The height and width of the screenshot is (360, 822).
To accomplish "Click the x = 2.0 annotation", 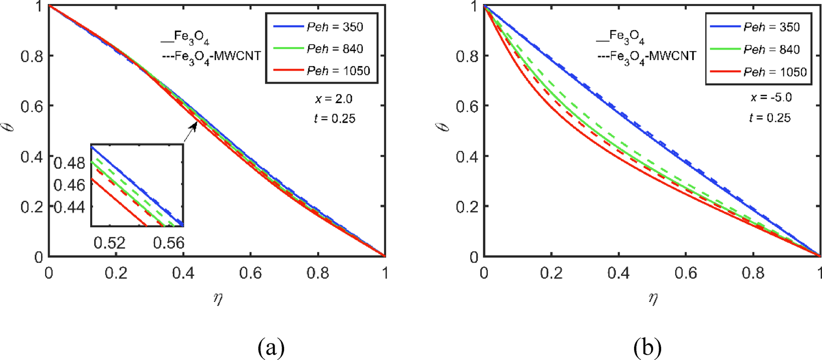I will coord(334,99).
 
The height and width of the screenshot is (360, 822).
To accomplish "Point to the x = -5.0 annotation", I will coord(771,97).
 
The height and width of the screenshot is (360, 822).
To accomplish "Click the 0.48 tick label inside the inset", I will coord(70,163).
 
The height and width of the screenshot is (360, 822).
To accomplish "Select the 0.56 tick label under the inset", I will coord(168,243).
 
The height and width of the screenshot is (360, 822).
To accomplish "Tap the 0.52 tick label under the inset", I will coord(109,243).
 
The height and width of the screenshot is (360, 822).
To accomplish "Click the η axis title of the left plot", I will coord(217,299).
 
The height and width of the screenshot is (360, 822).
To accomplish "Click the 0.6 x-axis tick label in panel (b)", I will coord(686,273).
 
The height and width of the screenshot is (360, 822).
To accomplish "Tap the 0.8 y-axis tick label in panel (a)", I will coord(32,56).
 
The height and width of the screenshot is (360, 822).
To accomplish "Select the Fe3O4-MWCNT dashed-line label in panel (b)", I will coord(647,56).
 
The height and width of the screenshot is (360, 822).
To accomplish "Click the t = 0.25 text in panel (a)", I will coord(335,119).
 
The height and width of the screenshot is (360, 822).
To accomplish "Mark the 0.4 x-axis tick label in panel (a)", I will coord(183,273).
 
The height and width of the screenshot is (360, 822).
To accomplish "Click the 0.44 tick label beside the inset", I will coord(70,207).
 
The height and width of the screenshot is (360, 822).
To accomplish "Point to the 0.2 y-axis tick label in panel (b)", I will coord(467,206).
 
